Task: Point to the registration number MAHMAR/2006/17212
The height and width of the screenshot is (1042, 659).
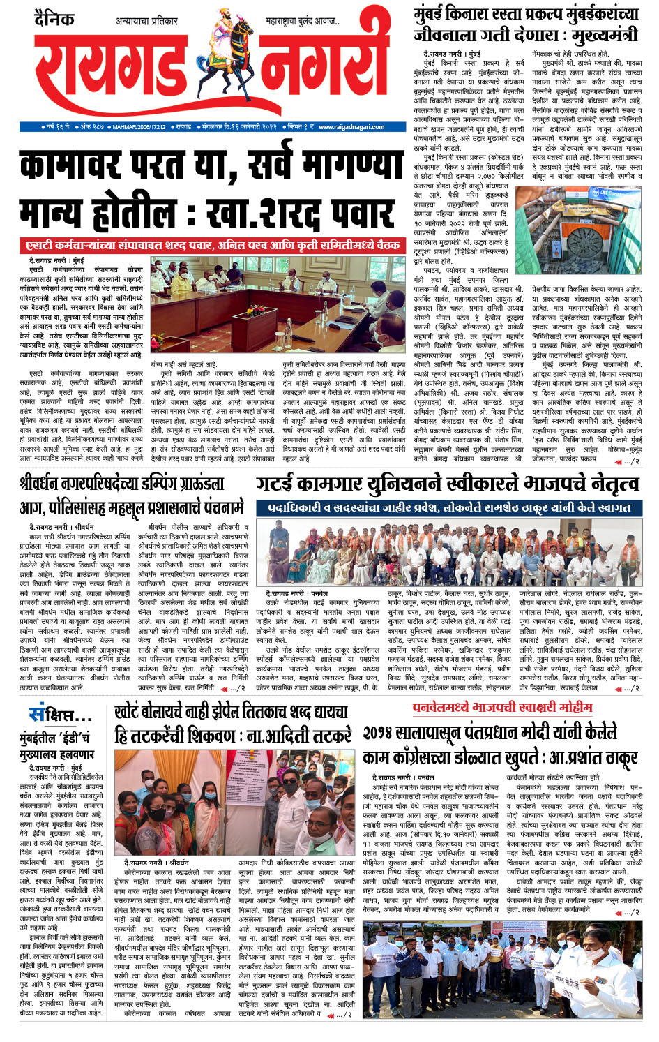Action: [139, 126]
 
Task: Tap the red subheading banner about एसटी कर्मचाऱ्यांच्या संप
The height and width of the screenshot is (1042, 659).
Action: [212, 245]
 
